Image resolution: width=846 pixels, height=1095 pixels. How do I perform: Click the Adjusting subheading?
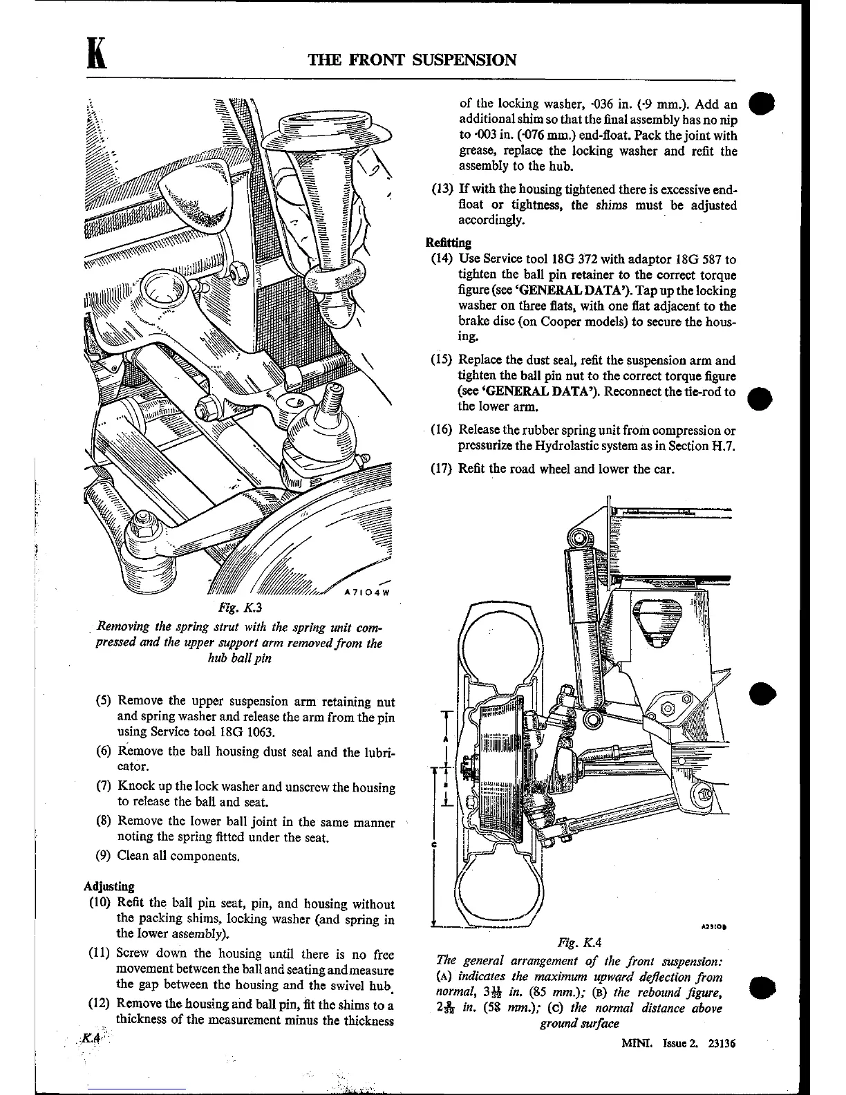(x=109, y=886)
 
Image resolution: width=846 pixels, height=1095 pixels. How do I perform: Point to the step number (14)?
(x=442, y=259)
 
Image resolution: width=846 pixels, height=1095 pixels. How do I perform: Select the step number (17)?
(x=442, y=468)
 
